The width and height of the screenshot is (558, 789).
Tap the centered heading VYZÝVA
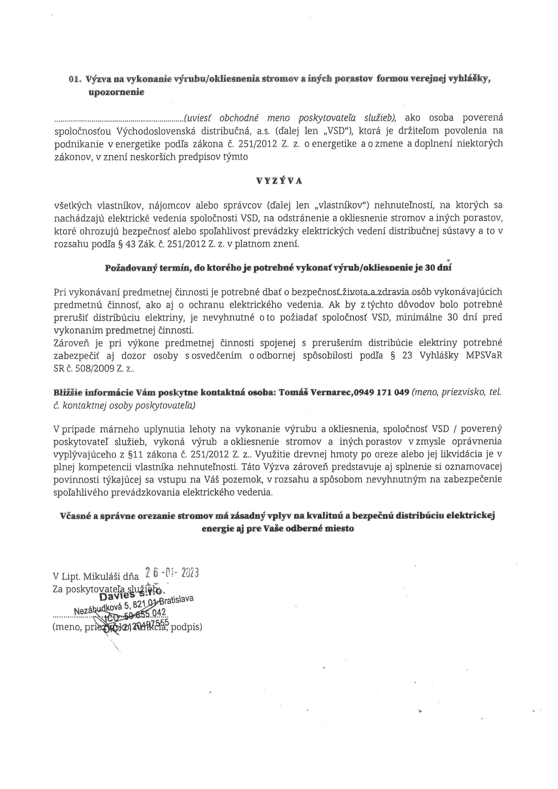(279, 182)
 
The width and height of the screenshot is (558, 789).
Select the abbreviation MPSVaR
(484, 356)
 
